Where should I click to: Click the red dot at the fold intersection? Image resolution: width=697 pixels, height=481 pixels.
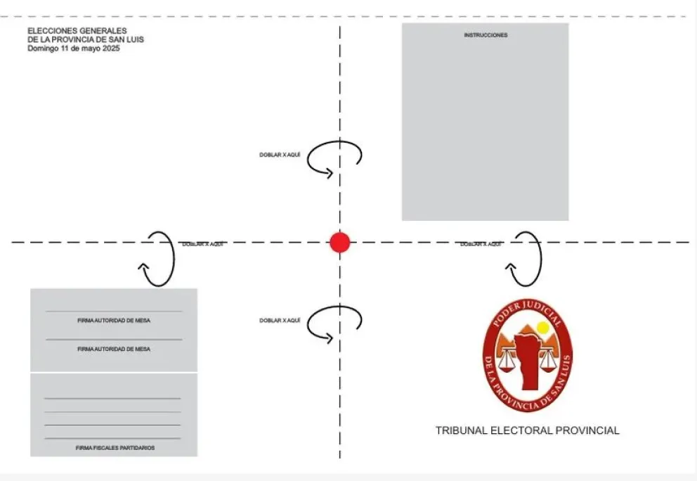[340, 243]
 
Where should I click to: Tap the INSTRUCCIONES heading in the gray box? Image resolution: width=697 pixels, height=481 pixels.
[486, 35]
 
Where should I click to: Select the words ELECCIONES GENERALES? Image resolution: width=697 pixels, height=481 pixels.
[77, 31]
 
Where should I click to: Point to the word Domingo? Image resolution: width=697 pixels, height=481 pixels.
[43, 49]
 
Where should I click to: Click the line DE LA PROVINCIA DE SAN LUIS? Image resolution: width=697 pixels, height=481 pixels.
[86, 40]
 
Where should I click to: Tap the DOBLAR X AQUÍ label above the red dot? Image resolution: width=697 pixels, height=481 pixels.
[280, 155]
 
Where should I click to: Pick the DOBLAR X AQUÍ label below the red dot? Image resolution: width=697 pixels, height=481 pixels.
[280, 321]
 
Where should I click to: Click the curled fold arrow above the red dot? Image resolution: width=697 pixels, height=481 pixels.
[334, 158]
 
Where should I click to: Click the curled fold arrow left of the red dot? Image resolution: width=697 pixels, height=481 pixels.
[158, 259]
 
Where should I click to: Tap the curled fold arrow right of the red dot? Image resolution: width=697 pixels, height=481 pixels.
[526, 259]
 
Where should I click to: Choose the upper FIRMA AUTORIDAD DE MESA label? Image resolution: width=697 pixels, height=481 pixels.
[114, 321]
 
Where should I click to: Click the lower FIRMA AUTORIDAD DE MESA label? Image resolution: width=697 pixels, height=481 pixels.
[114, 349]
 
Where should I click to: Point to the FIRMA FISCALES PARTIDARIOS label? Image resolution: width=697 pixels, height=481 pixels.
[115, 448]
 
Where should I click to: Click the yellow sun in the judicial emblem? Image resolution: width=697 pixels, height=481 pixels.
[542, 328]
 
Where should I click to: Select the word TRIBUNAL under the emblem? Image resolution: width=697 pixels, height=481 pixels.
[461, 430]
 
